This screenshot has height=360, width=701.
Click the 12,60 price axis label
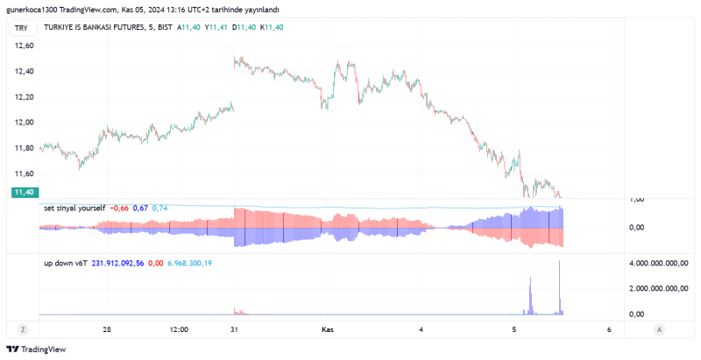point(24,46)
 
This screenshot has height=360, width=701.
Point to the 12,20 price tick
point(24,96)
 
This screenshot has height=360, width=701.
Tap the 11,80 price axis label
point(24,148)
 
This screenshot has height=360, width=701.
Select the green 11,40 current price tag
point(24,192)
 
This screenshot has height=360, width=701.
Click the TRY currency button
point(21,28)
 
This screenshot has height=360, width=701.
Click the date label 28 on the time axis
point(107,329)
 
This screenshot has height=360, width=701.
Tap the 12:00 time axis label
point(179,329)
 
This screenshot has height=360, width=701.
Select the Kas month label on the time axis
point(328,329)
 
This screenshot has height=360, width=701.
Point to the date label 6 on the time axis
point(609,329)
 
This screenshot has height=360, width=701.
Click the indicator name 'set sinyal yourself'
point(74,208)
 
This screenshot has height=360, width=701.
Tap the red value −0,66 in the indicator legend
point(119,208)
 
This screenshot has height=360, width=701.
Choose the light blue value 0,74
point(159,208)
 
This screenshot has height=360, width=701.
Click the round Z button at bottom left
point(24,329)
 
